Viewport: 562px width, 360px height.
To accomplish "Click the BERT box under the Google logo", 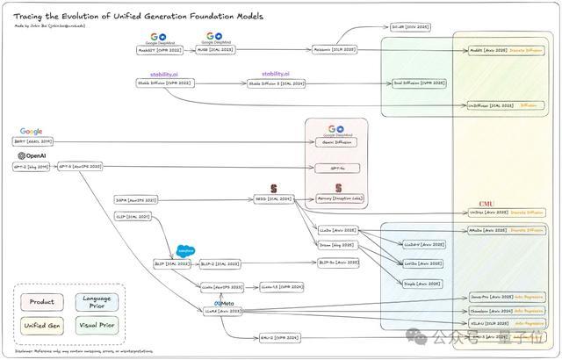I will coord(32,141).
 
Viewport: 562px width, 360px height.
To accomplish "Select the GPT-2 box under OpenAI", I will coord(31,166).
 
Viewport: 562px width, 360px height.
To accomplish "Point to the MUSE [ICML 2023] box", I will coord(213,50).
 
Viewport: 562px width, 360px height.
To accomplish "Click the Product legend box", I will coord(42,302).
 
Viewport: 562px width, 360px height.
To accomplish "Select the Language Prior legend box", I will coord(97,302).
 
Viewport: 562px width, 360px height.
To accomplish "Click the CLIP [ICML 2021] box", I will coord(132,216).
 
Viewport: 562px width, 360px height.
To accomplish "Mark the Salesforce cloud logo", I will coord(185,251).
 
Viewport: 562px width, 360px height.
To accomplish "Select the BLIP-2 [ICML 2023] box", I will coord(220,263).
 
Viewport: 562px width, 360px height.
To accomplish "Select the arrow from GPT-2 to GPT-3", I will coord(53,166).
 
